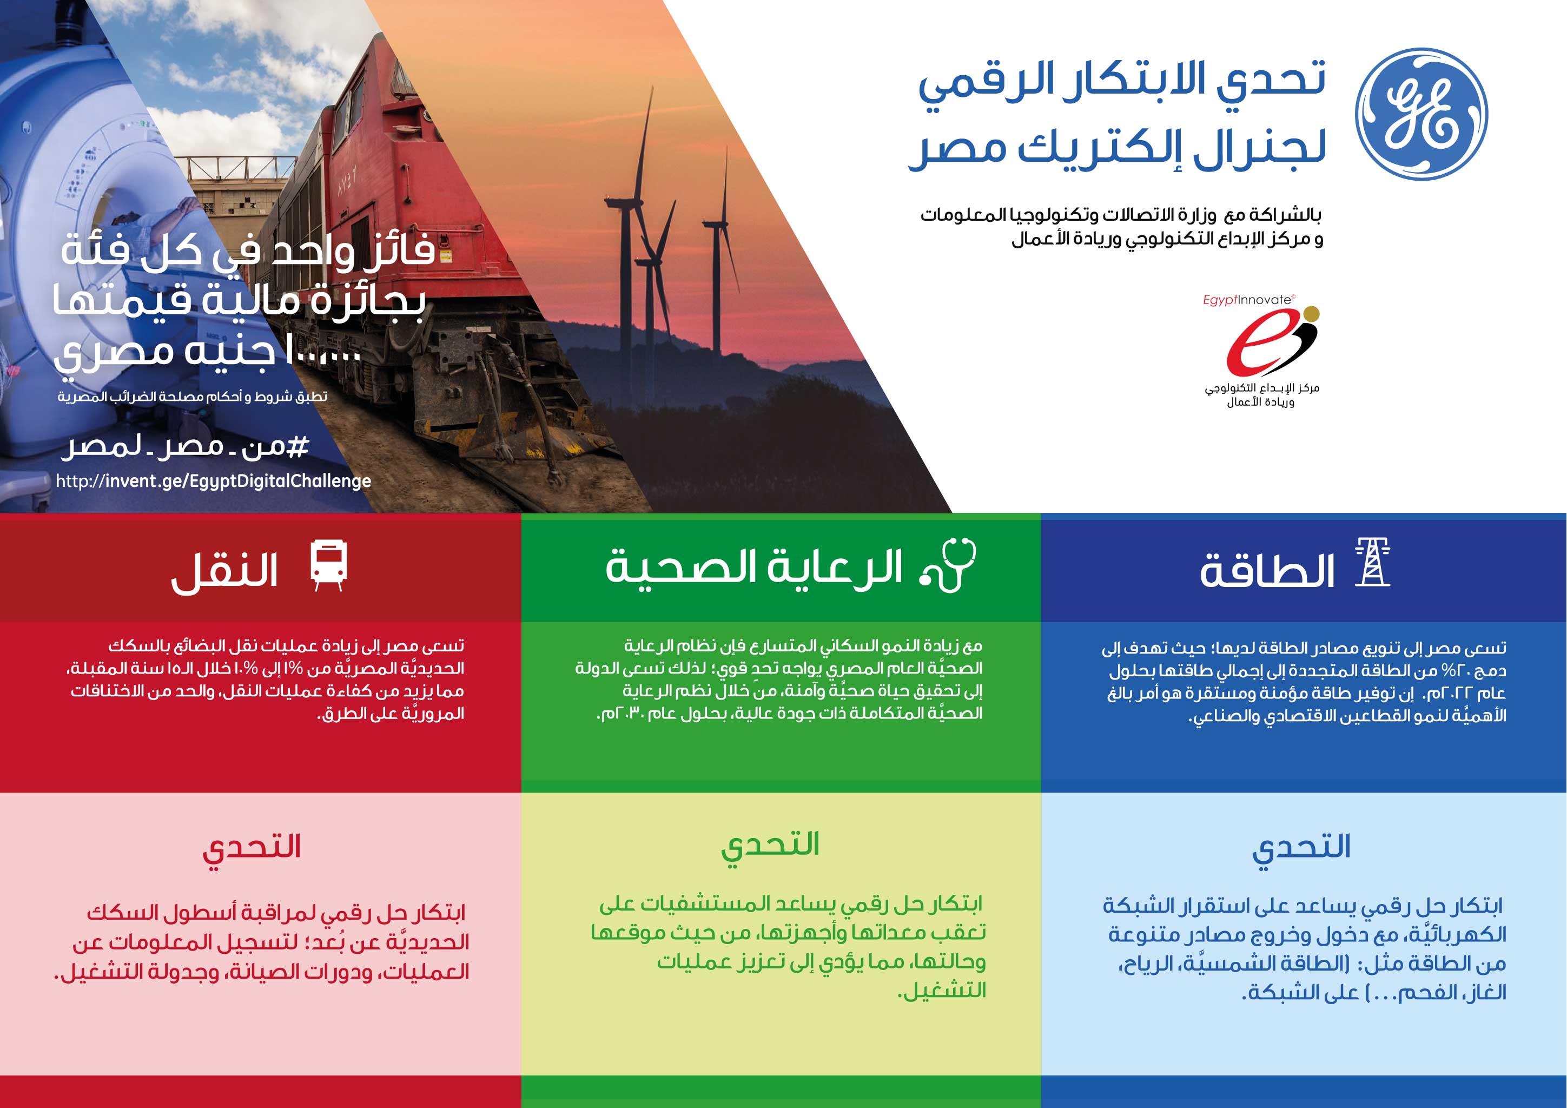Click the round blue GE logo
click(1421, 114)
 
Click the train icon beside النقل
click(328, 565)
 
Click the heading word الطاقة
click(1267, 570)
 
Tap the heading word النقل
click(224, 571)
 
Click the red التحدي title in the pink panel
click(252, 848)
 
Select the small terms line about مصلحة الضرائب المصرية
click(193, 397)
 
